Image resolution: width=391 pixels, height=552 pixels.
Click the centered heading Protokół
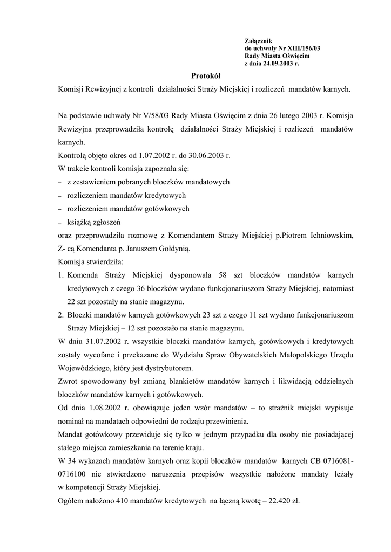pos(206,76)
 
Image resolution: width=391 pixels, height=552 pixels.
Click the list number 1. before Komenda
pos(61,275)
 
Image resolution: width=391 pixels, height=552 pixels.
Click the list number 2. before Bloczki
pos(61,314)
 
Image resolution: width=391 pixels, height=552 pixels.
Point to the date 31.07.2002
pos(102,341)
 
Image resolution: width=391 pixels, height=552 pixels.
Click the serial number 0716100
pos(74,473)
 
